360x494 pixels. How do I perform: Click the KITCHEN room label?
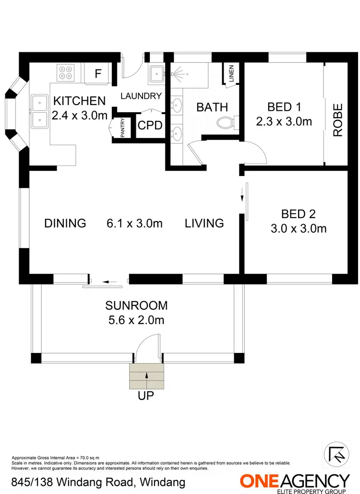pyautogui.click(x=79, y=101)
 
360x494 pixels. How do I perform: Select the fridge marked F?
pyautogui.click(x=98, y=74)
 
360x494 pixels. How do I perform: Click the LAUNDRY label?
pyautogui.click(x=141, y=96)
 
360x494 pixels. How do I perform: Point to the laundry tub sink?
pyautogui.click(x=156, y=74)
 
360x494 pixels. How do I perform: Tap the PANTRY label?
pyautogui.click(x=122, y=129)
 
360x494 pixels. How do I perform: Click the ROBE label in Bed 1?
pyautogui.click(x=338, y=120)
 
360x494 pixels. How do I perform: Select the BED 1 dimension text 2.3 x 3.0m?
pyautogui.click(x=284, y=121)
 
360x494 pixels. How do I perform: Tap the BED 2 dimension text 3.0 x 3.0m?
pyautogui.click(x=298, y=228)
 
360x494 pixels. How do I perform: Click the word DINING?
pyautogui.click(x=65, y=223)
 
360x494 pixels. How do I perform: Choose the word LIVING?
pyautogui.click(x=204, y=223)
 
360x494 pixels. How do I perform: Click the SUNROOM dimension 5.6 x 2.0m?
pyautogui.click(x=136, y=319)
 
